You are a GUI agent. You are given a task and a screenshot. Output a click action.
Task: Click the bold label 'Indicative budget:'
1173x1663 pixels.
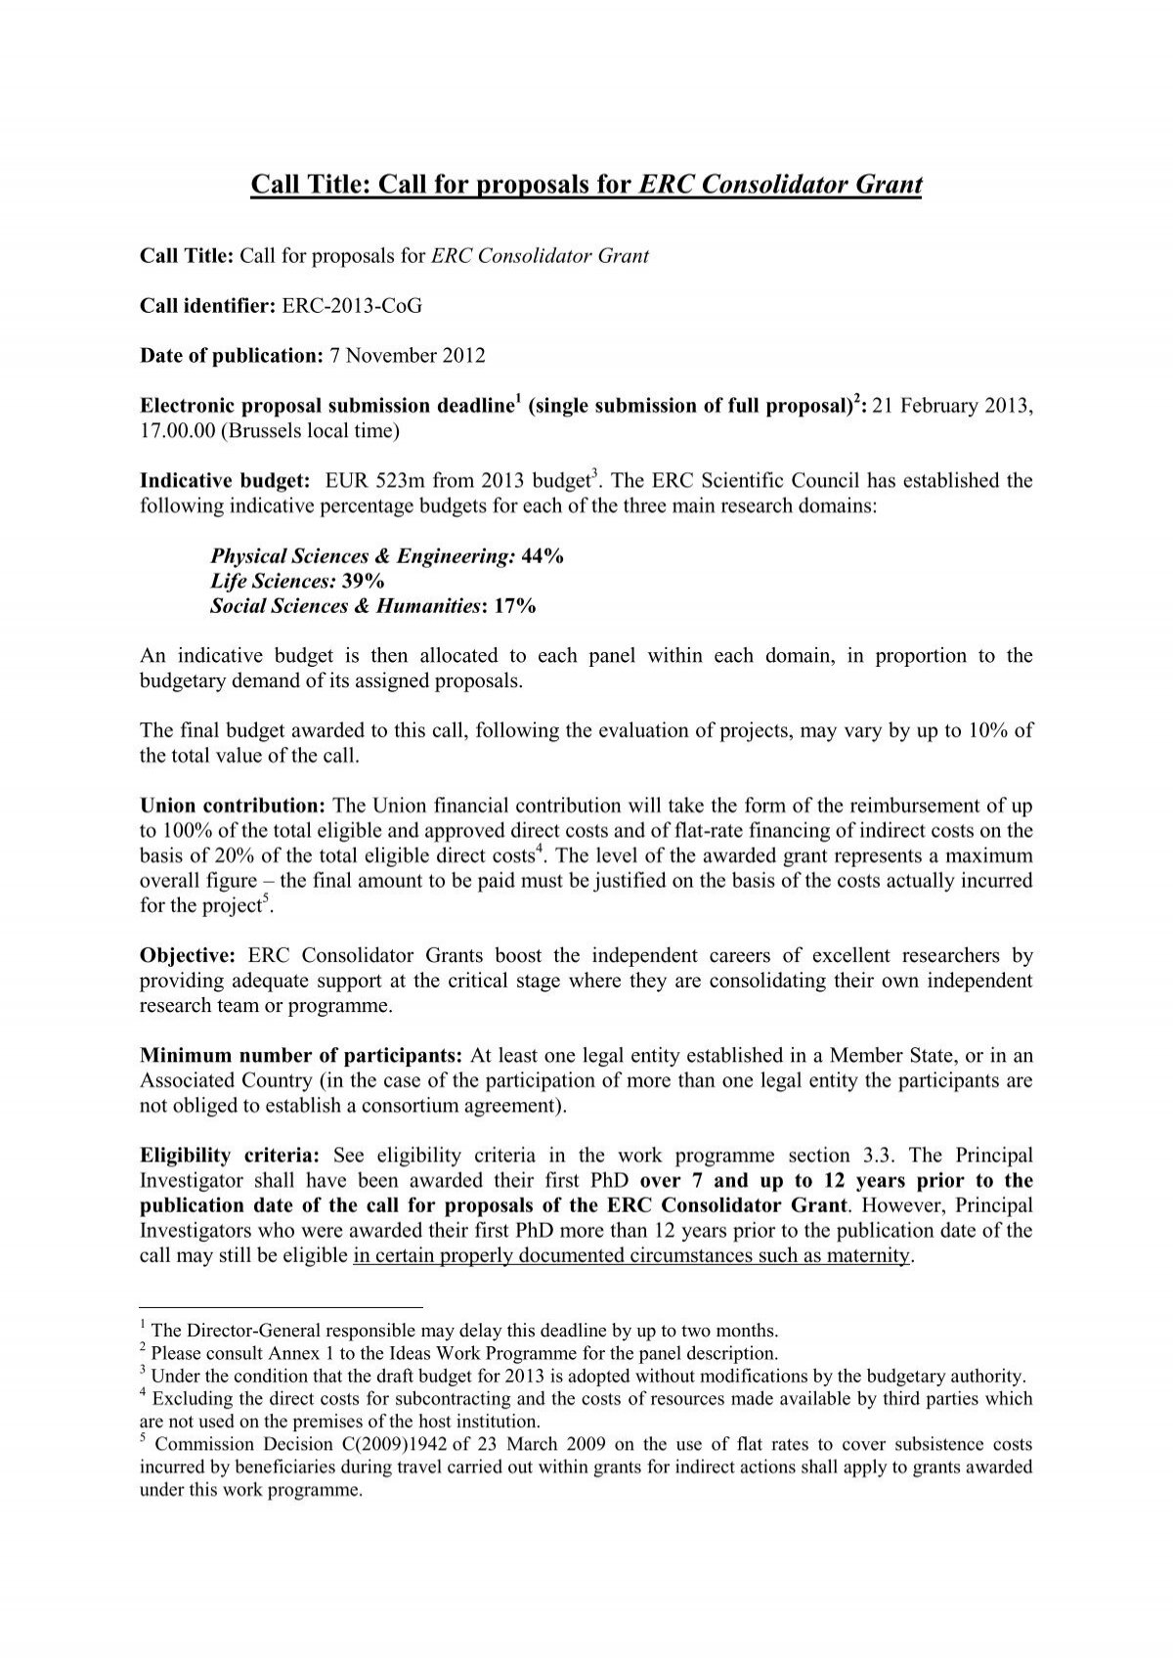(x=226, y=481)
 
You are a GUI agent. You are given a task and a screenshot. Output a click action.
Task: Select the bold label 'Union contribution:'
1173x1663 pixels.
(x=234, y=807)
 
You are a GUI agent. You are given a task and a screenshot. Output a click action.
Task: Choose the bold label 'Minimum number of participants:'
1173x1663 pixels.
(x=303, y=1056)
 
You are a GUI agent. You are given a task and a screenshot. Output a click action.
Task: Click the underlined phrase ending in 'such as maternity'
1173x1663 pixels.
(x=631, y=1256)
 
